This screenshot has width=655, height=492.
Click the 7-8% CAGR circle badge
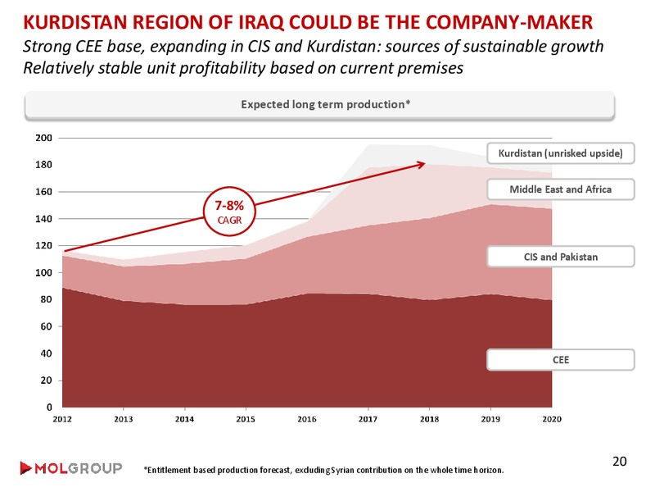pyautogui.click(x=229, y=212)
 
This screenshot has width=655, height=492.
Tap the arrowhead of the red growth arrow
pyautogui.click(x=422, y=164)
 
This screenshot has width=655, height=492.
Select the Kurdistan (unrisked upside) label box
pyautogui.click(x=561, y=153)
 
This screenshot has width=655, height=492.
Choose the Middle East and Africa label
pyautogui.click(x=561, y=189)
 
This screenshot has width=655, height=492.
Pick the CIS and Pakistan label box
pyautogui.click(x=561, y=257)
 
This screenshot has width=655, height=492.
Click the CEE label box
pyautogui.click(x=561, y=360)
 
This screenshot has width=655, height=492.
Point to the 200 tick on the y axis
pyautogui.click(x=44, y=138)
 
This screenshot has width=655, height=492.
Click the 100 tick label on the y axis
pyautogui.click(x=44, y=272)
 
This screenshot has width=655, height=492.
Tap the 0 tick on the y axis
pyautogui.click(x=49, y=407)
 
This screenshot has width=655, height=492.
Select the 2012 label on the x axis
pyautogui.click(x=62, y=419)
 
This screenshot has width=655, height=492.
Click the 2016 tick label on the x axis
pyautogui.click(x=306, y=419)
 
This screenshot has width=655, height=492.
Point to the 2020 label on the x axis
pyautogui.click(x=551, y=419)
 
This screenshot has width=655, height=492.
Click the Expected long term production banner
pyautogui.click(x=319, y=105)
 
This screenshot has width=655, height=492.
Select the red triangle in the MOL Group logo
pyautogui.click(x=25, y=468)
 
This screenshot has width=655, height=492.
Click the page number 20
pyautogui.click(x=620, y=461)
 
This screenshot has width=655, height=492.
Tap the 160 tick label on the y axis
pyautogui.click(x=44, y=192)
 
